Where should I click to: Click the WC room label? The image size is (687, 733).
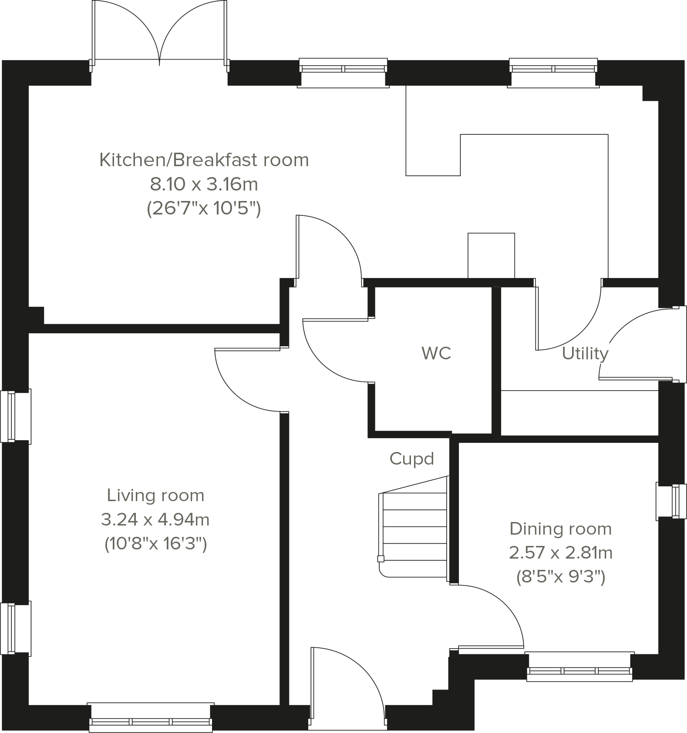[436, 353]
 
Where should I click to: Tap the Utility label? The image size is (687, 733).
[585, 354]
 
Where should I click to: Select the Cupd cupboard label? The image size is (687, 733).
[411, 459]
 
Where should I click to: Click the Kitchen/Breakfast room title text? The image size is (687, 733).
[204, 160]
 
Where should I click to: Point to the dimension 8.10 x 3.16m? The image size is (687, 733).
[204, 184]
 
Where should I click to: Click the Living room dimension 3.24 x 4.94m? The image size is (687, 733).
[155, 519]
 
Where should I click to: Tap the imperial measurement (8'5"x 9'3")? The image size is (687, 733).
[560, 577]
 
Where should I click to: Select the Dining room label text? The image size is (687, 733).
[560, 529]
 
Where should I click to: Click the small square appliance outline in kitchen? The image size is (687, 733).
[491, 255]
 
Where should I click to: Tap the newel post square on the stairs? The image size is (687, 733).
[381, 559]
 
